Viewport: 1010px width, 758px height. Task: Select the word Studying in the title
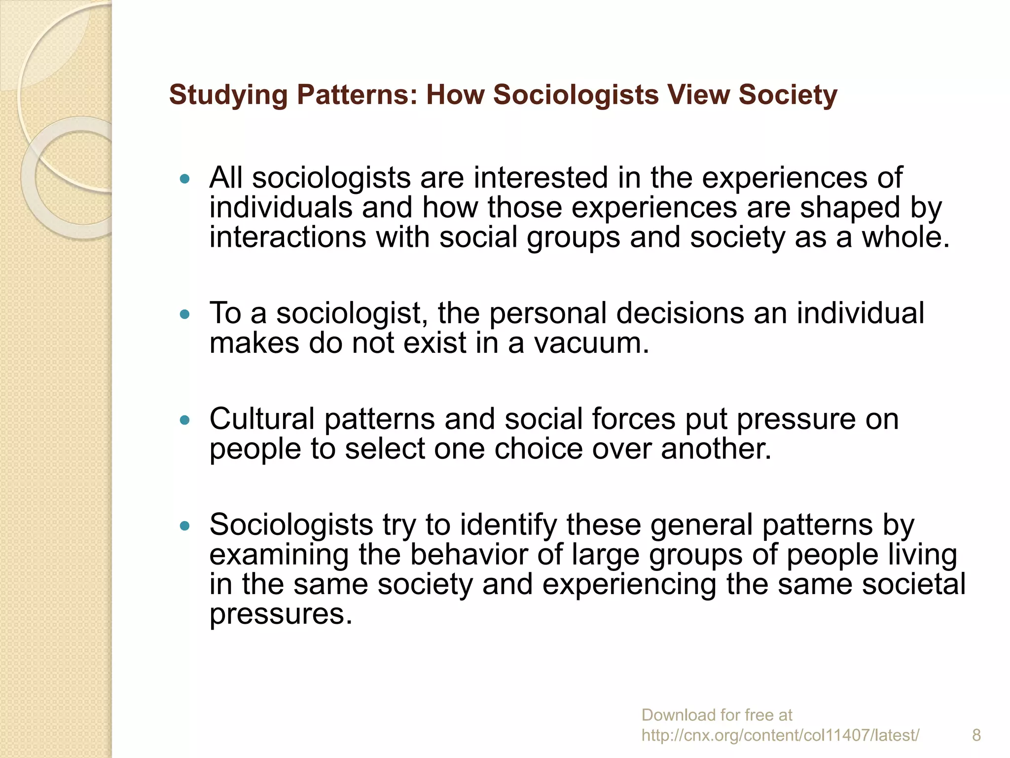coord(228,95)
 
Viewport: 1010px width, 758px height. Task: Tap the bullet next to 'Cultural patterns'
coord(185,420)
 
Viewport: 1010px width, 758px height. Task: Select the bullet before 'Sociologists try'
coord(185,526)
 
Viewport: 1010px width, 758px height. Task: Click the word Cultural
coord(262,419)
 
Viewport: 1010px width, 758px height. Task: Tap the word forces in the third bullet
coord(634,419)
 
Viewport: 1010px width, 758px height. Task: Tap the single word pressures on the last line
coord(281,614)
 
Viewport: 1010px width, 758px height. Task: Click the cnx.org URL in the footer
coord(780,735)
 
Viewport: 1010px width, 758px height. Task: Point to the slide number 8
coord(976,735)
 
